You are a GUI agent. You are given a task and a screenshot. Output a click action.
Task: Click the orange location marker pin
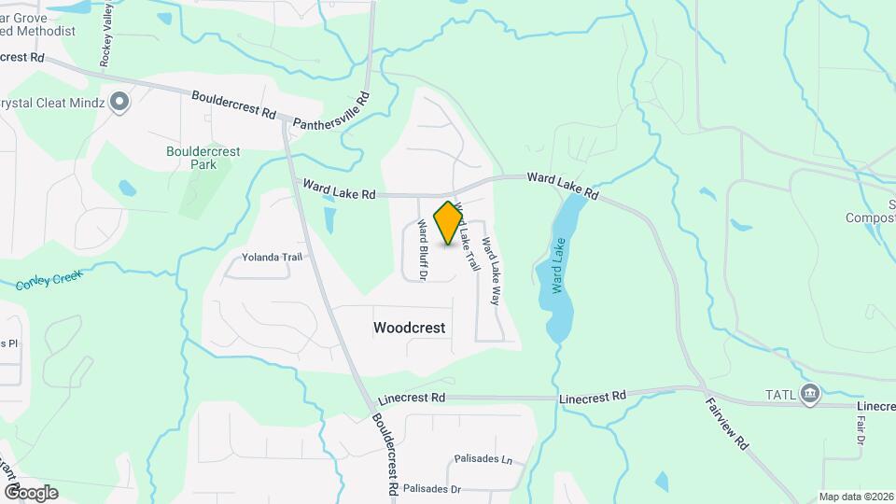click(x=449, y=223)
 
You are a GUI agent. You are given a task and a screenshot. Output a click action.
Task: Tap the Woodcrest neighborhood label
click(x=409, y=329)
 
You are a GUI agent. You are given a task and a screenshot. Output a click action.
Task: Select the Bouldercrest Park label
click(x=203, y=158)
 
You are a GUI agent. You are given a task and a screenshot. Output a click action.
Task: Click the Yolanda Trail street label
click(x=273, y=257)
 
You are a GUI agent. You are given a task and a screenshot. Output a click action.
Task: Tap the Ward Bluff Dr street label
click(x=422, y=249)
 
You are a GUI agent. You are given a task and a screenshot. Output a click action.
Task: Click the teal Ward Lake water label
click(x=558, y=266)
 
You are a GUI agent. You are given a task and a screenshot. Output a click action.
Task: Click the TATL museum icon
click(x=809, y=395)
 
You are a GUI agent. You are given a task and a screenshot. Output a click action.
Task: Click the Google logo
click(x=31, y=492)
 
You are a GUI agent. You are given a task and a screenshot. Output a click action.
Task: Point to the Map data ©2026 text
click(x=855, y=497)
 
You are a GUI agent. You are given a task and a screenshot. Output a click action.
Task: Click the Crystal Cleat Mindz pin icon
click(x=119, y=102)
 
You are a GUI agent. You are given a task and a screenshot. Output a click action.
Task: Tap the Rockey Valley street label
click(x=106, y=34)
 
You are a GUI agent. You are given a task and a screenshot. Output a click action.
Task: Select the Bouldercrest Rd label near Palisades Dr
click(x=385, y=455)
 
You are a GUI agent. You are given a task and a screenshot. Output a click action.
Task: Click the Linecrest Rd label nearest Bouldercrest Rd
click(x=412, y=398)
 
